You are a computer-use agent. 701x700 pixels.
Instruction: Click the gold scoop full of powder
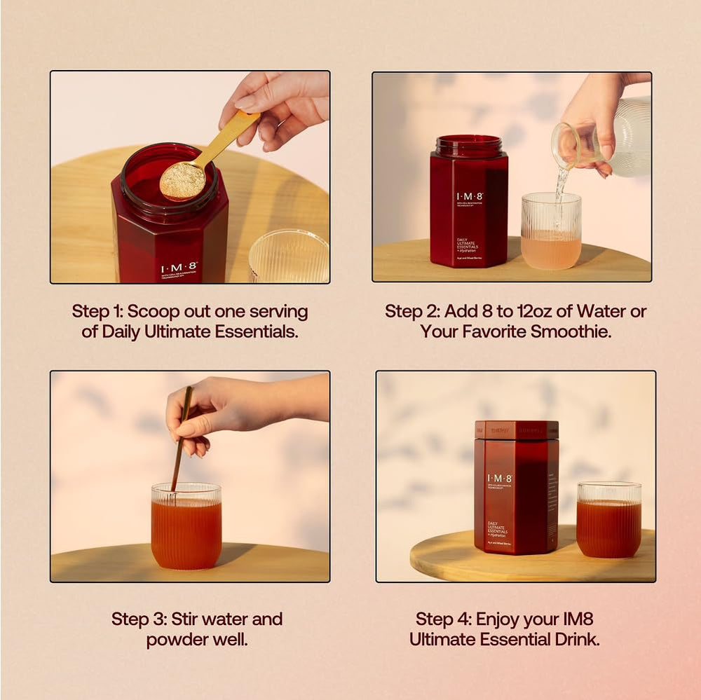tap(183, 180)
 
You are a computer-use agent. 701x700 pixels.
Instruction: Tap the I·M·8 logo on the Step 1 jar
tap(179, 268)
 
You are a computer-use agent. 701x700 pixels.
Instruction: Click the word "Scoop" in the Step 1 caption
tap(152, 311)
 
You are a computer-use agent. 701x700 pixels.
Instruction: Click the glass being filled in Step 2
tap(550, 231)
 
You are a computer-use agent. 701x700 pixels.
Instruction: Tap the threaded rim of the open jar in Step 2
tap(468, 145)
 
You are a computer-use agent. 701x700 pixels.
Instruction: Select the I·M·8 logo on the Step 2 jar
tap(468, 197)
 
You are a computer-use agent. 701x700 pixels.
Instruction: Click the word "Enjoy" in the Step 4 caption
tap(500, 619)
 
